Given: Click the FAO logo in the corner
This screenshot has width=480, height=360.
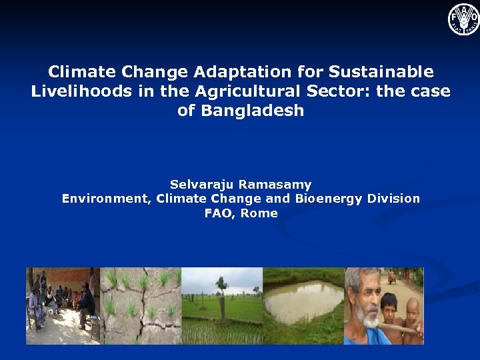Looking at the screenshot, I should (x=463, y=19).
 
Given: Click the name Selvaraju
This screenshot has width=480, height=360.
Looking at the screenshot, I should (x=204, y=184).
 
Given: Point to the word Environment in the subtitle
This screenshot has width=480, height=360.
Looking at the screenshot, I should (x=105, y=199).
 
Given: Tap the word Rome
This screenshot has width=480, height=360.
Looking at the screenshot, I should (x=259, y=213).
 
